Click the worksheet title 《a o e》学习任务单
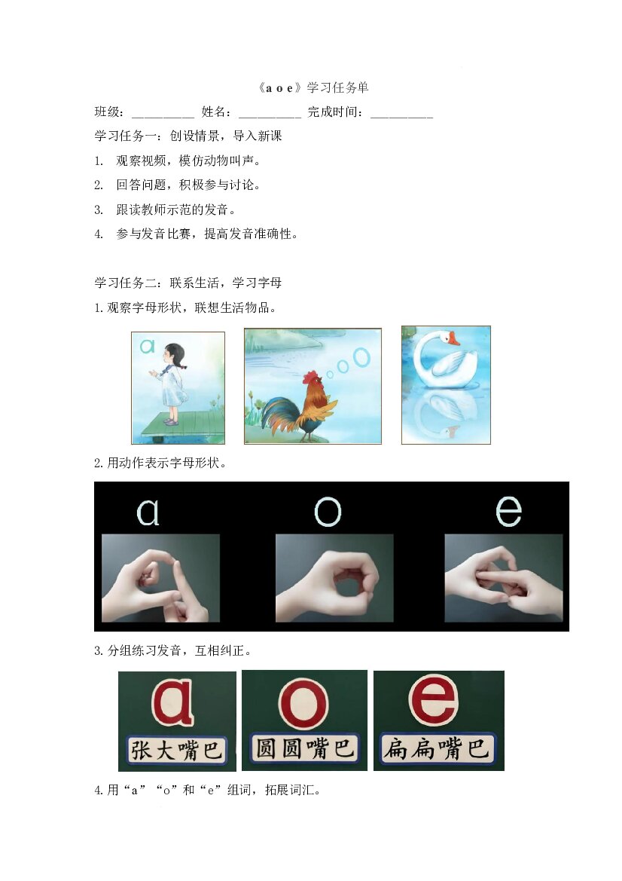click(x=313, y=87)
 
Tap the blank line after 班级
click(x=163, y=117)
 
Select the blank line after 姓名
click(x=270, y=117)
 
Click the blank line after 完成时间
click(x=402, y=117)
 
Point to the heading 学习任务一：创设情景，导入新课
click(x=188, y=136)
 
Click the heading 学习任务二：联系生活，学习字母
click(x=188, y=283)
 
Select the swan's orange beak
click(x=453, y=339)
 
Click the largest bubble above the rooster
click(x=362, y=357)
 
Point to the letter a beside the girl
click(x=147, y=346)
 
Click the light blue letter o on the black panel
click(x=328, y=512)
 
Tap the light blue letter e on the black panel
click(x=508, y=511)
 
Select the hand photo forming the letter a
click(x=160, y=578)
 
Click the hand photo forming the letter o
click(x=334, y=578)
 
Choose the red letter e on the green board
click(x=434, y=699)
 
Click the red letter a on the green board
click(x=173, y=702)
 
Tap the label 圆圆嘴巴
click(x=303, y=748)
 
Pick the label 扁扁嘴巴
click(x=438, y=748)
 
